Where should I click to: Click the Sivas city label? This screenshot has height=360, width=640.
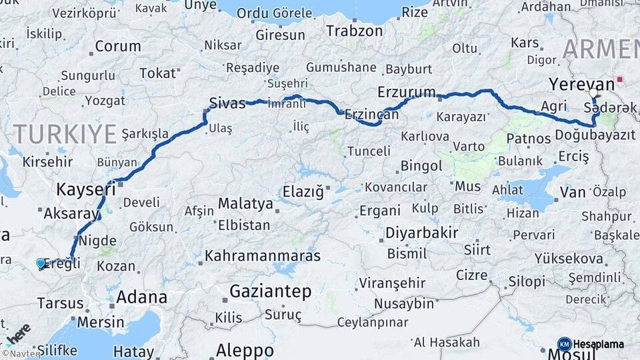(x=223, y=103)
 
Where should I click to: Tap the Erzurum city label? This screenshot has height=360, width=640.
(x=406, y=92)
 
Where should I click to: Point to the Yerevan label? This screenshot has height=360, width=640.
(x=581, y=84)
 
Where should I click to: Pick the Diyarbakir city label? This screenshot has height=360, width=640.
(x=422, y=233)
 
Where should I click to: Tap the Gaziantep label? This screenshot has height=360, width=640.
(x=270, y=291)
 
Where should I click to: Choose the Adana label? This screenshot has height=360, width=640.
(x=141, y=297)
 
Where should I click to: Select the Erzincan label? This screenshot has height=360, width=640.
(x=371, y=115)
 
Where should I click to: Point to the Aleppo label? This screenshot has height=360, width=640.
(x=245, y=351)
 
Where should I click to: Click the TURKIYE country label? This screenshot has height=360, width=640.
(x=65, y=134)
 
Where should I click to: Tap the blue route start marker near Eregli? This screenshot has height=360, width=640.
(x=41, y=263)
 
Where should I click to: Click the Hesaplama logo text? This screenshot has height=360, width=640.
(x=598, y=345)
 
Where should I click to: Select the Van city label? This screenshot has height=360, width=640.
(x=573, y=193)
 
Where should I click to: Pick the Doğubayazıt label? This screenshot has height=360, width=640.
(x=594, y=135)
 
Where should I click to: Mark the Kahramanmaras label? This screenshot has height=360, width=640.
(x=262, y=255)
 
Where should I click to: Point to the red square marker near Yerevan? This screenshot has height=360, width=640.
(x=620, y=79)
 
